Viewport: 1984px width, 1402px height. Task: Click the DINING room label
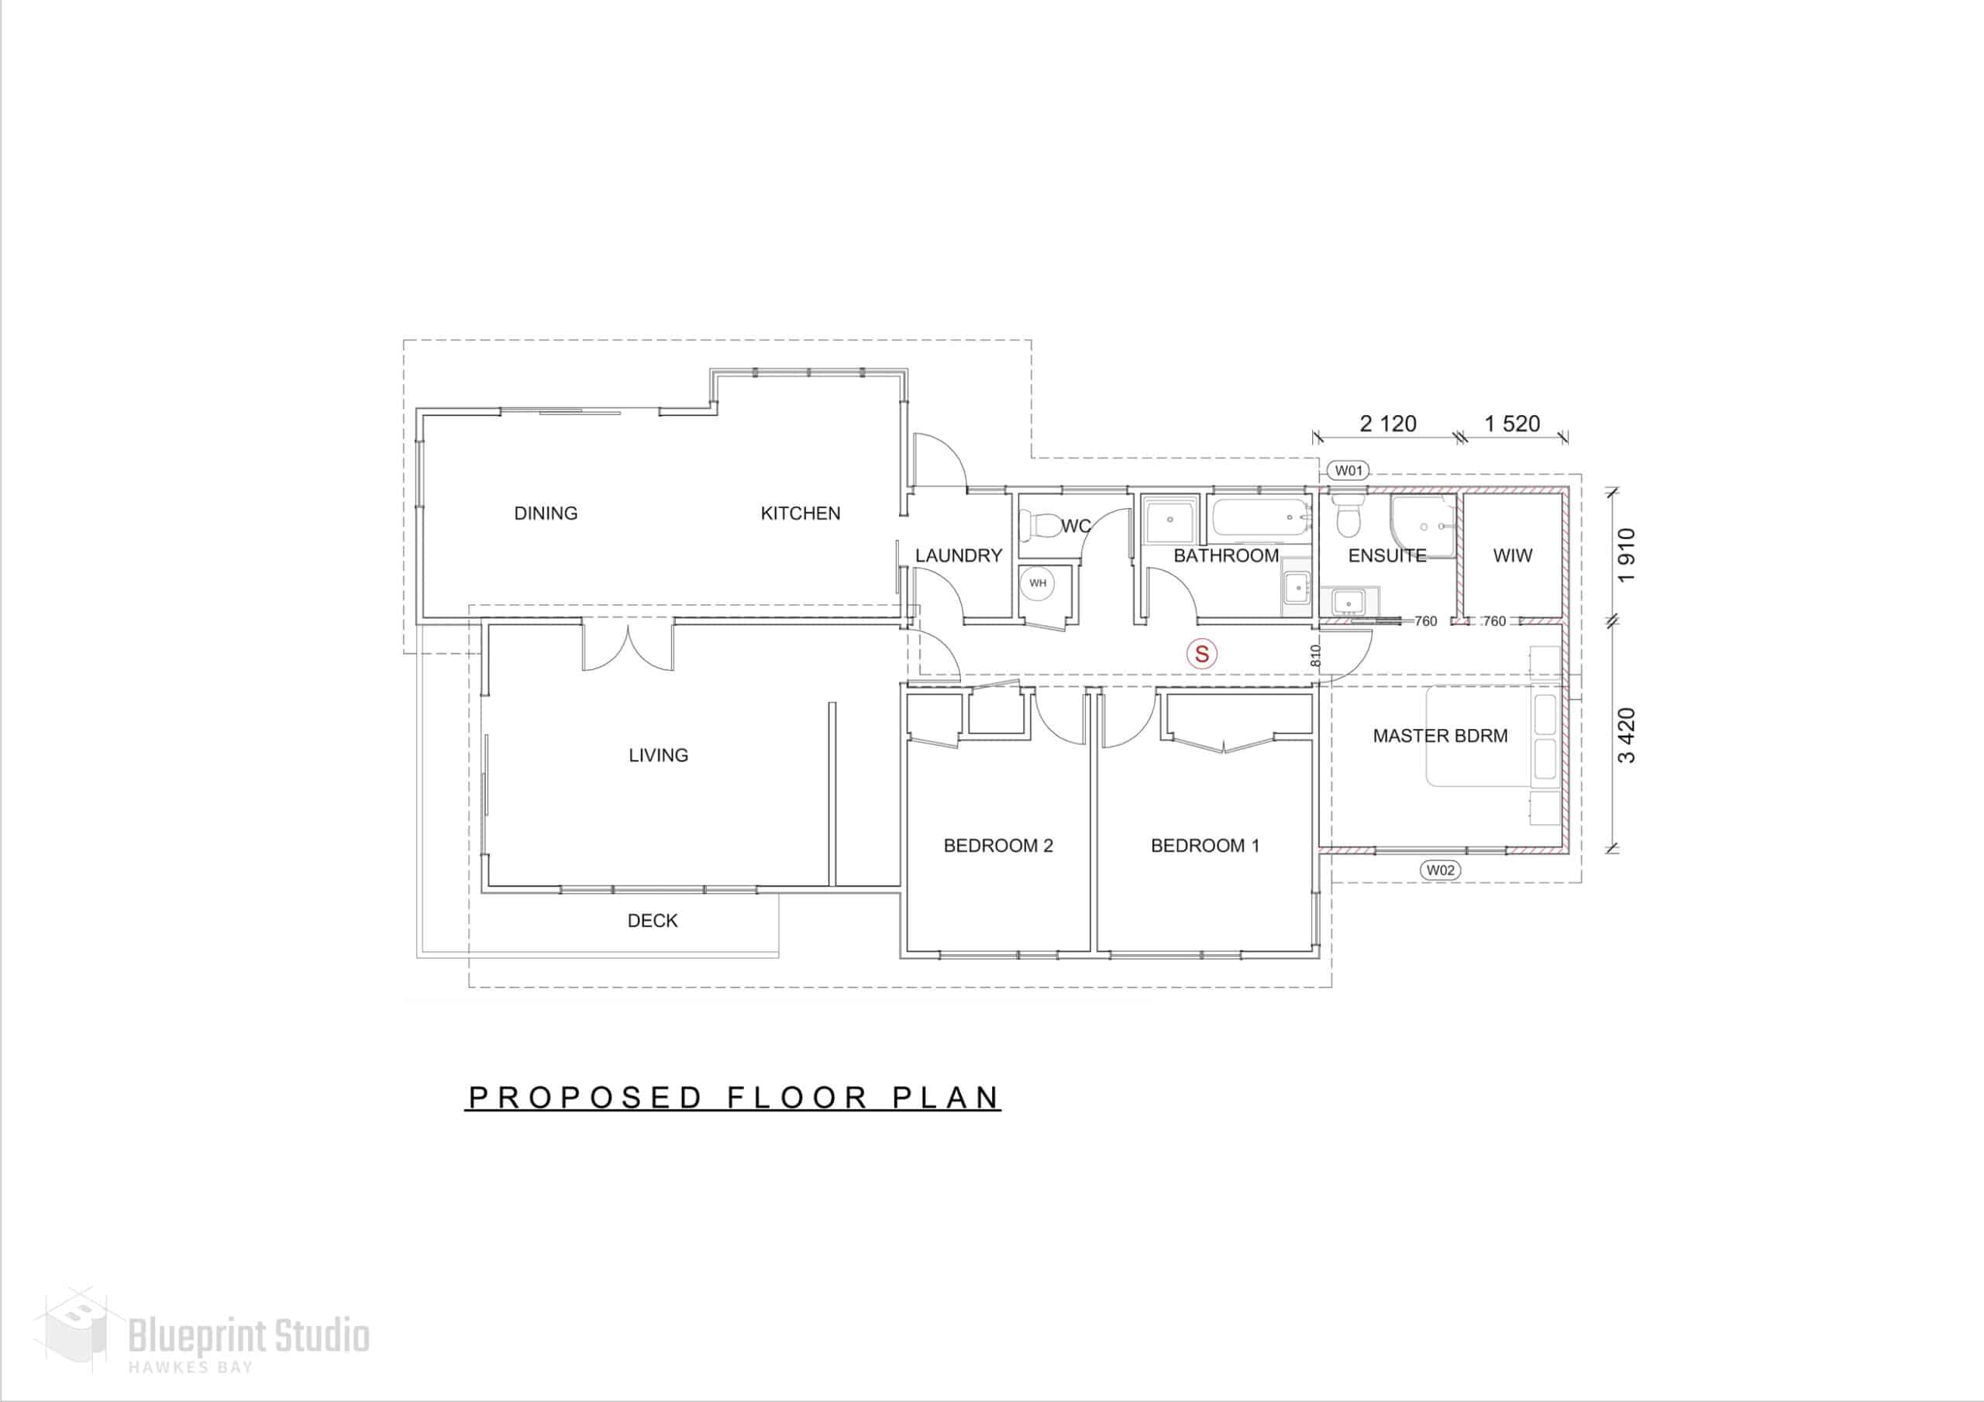pyautogui.click(x=546, y=513)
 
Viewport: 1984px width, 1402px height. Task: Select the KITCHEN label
pyautogui.click(x=800, y=513)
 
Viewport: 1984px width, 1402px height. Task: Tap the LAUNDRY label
pyautogui.click(x=959, y=555)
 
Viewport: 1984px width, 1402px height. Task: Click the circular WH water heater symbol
pyautogui.click(x=1037, y=583)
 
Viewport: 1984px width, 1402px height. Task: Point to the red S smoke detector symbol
pyautogui.click(x=1201, y=654)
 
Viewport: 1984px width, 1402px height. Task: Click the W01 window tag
pyautogui.click(x=1348, y=471)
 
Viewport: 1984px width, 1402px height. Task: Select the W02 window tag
pyautogui.click(x=1440, y=870)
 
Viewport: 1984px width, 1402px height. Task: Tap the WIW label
pyautogui.click(x=1512, y=555)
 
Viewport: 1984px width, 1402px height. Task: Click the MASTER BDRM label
pyautogui.click(x=1440, y=736)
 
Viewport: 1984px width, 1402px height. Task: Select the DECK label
pyautogui.click(x=653, y=921)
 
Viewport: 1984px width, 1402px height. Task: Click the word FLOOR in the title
pyautogui.click(x=797, y=1097)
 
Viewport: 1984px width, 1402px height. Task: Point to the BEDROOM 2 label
pyautogui.click(x=998, y=846)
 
